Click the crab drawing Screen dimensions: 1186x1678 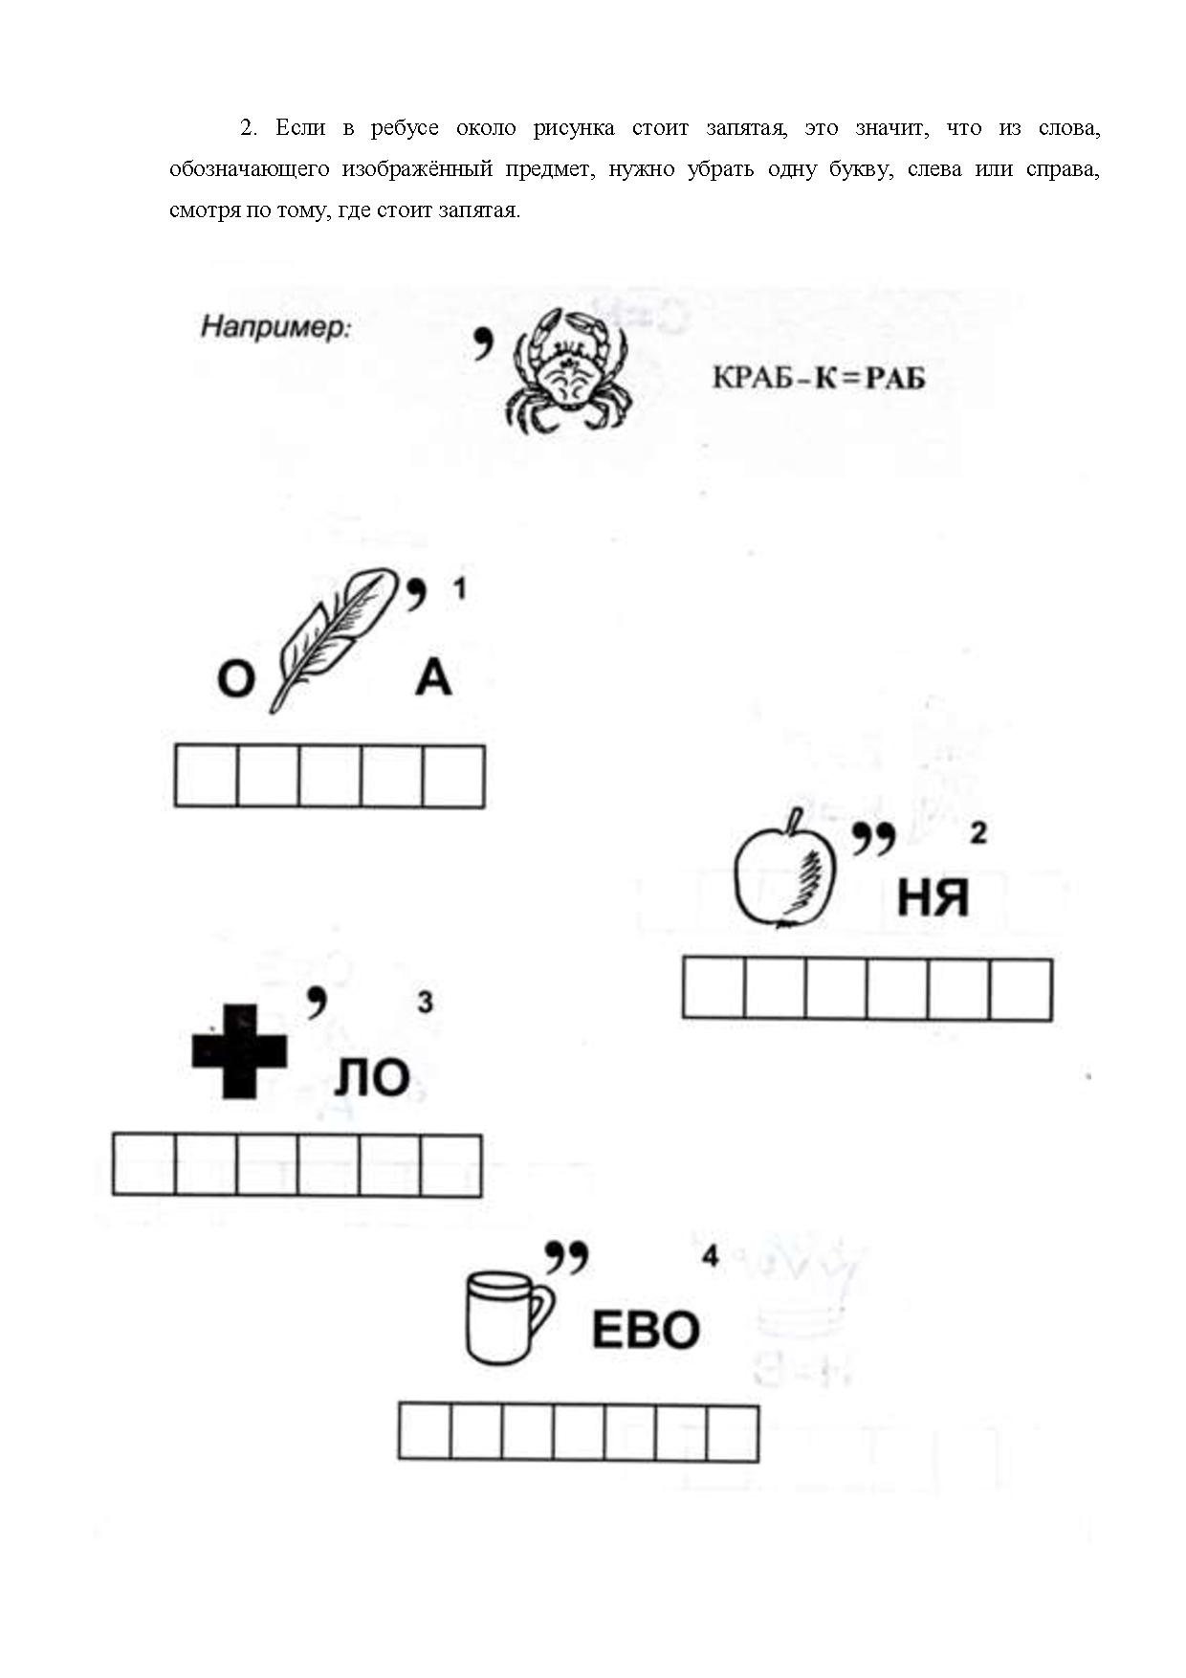coord(566,370)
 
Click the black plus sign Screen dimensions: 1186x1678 coord(239,1051)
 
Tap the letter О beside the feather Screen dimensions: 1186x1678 coord(236,680)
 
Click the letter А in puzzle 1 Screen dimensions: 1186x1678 coord(433,678)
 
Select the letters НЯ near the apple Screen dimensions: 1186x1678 coord(933,898)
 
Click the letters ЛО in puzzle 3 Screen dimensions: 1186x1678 coord(372,1078)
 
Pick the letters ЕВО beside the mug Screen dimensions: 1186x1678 coord(646,1330)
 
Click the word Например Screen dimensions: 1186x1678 coord(275,328)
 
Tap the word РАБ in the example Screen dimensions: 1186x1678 coord(895,379)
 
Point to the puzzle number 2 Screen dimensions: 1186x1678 coord(977,833)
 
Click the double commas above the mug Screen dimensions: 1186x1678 coord(566,1258)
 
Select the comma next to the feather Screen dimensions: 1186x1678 coord(416,594)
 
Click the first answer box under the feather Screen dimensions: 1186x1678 coord(206,776)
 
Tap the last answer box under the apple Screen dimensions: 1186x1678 coord(1021,989)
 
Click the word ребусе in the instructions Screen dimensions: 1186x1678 coord(405,128)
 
